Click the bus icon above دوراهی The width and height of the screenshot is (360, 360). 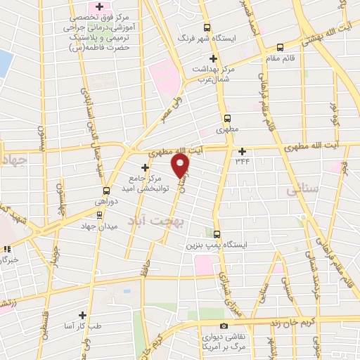click(x=106, y=191)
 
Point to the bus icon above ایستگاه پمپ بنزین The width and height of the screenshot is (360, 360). click(x=217, y=234)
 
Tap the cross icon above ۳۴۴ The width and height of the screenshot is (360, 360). click(x=243, y=151)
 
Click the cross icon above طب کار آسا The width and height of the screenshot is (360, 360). click(x=83, y=315)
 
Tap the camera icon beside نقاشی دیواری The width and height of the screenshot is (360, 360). click(x=224, y=326)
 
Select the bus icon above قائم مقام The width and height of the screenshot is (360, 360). click(x=281, y=48)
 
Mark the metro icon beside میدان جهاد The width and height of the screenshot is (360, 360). click(x=99, y=215)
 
